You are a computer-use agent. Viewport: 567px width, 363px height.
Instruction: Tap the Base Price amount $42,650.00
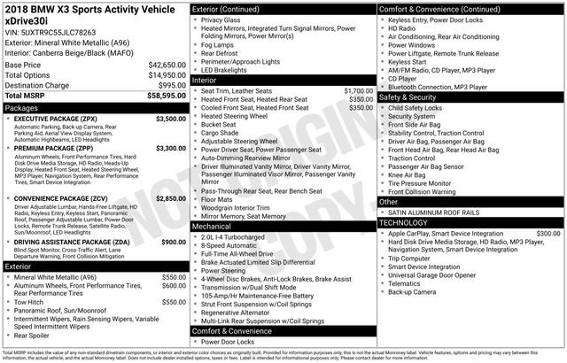(167, 66)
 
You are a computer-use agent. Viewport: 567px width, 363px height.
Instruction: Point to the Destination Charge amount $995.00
(171, 85)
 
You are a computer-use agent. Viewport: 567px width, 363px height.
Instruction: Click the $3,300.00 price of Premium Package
(171, 148)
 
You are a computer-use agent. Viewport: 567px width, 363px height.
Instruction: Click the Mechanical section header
(212, 226)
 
